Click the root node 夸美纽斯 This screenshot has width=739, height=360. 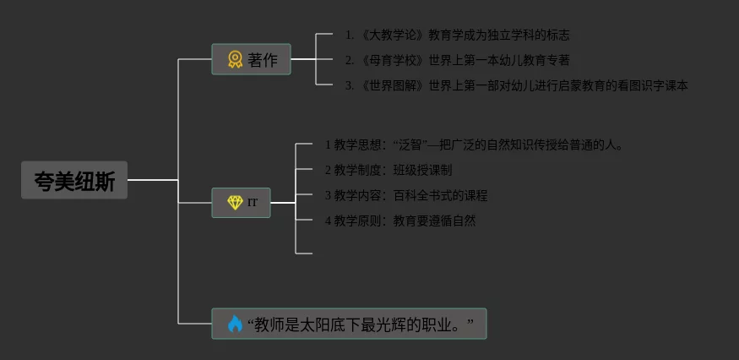point(74,180)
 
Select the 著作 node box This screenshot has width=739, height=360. point(251,60)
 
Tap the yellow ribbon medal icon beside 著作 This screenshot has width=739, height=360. point(235,60)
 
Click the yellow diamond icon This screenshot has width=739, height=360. point(235,203)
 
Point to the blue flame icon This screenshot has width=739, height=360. point(234,324)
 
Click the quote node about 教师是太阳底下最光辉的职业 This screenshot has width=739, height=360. point(349,324)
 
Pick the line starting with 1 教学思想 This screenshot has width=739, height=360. point(473,145)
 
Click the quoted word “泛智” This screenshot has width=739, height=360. point(410,145)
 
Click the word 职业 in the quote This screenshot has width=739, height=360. point(442,324)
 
